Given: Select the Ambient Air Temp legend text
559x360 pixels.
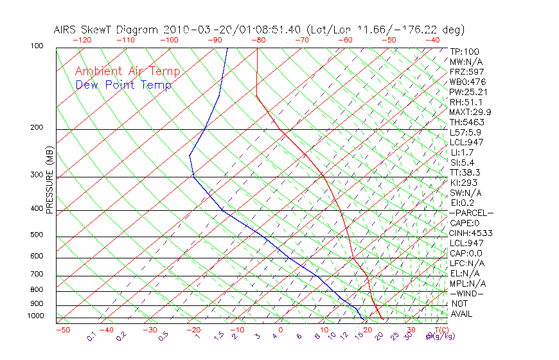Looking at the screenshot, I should [127, 71].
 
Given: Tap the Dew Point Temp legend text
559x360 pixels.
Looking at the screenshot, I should [123, 85].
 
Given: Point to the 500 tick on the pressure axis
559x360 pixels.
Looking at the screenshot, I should [37, 235].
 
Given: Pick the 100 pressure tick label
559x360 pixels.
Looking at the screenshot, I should [37, 46].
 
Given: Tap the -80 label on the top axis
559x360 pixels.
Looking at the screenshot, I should [258, 40].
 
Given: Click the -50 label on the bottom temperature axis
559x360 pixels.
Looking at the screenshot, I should [62, 330].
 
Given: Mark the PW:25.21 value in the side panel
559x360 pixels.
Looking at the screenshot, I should [468, 92].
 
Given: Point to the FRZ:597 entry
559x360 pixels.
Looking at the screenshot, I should [466, 71].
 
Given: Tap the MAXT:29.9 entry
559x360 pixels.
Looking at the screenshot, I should [470, 112].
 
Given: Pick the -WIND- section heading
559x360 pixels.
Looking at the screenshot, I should [466, 293].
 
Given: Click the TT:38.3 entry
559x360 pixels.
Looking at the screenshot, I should [465, 172].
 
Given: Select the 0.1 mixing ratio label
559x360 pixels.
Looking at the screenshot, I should [92, 336].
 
